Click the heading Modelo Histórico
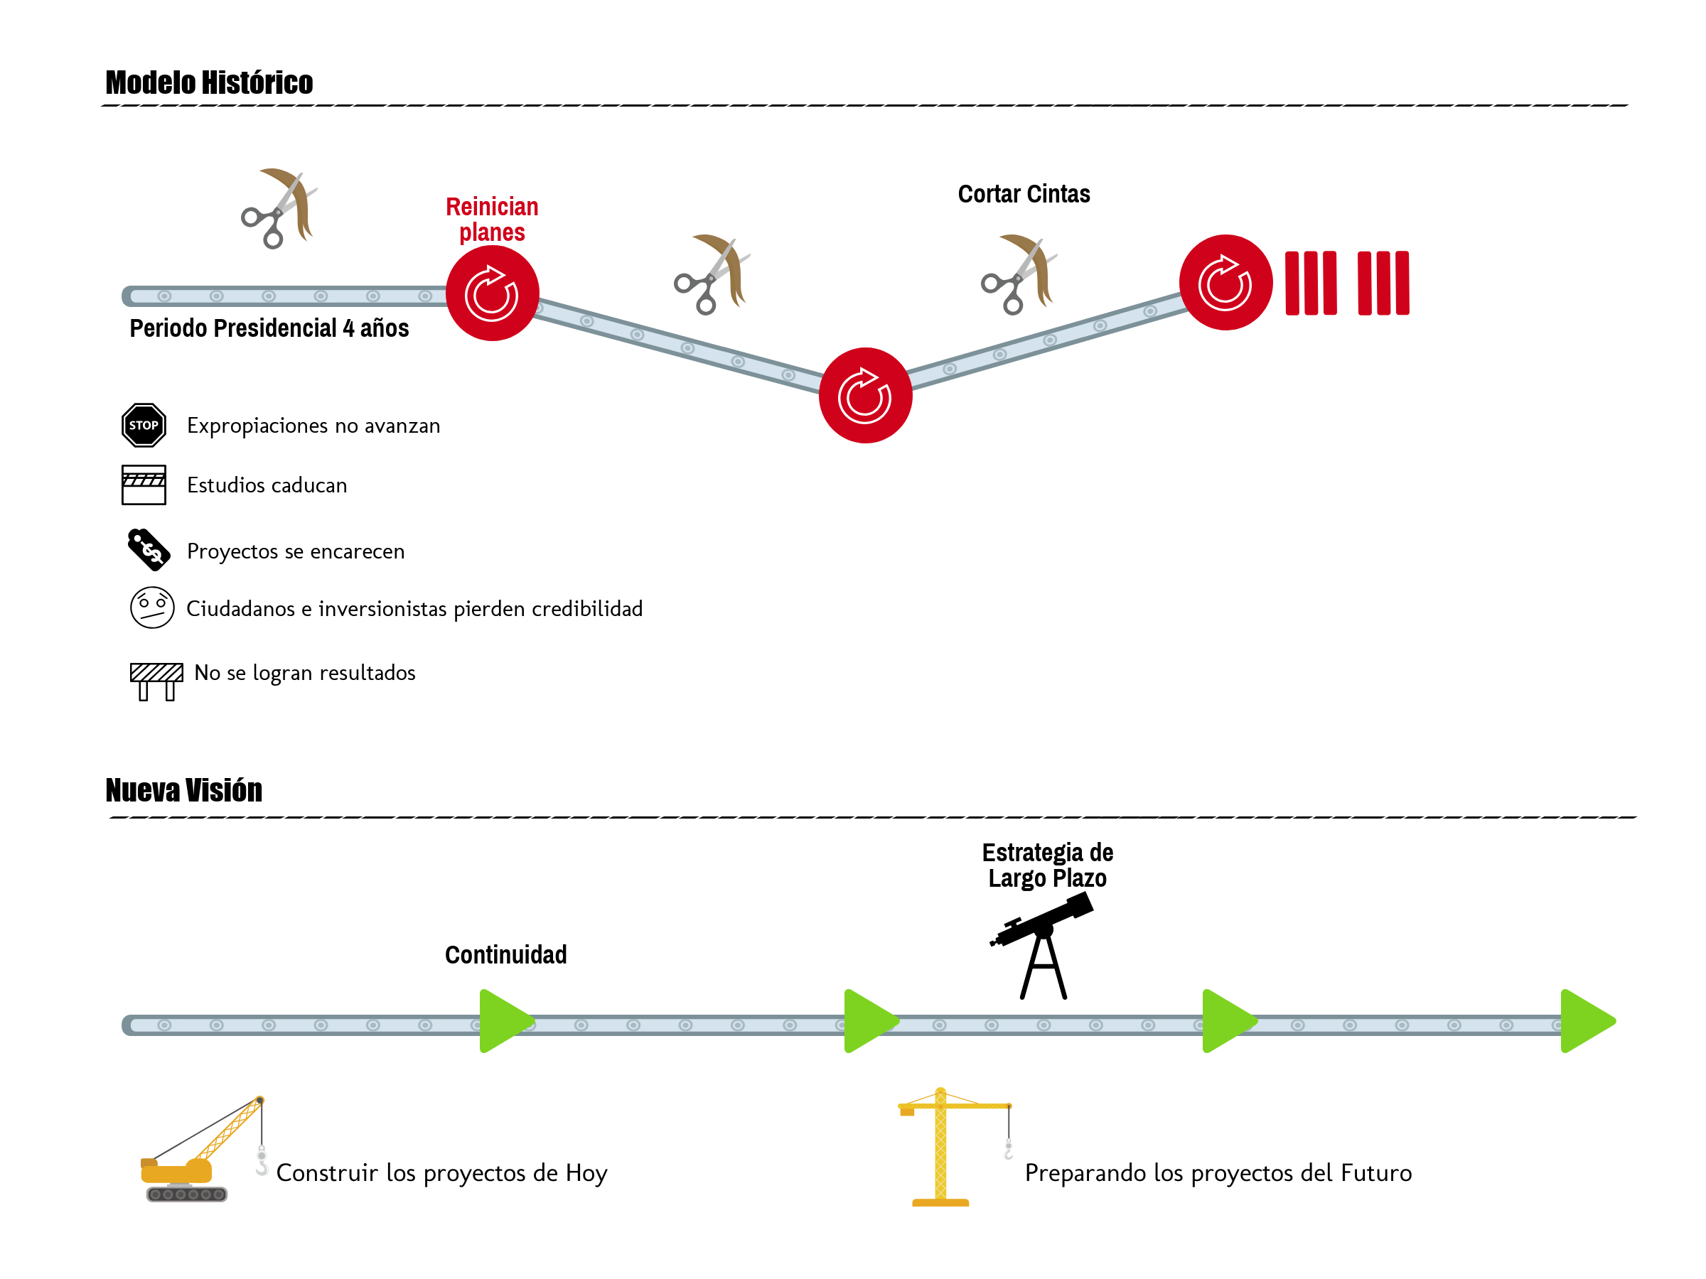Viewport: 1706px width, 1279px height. [x=209, y=82]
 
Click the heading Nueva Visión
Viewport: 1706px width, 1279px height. [x=183, y=790]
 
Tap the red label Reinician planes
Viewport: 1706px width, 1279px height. [x=492, y=219]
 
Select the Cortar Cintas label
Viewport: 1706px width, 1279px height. [x=1024, y=194]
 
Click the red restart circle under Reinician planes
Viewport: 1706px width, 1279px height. [x=492, y=293]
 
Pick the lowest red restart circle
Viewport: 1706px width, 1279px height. [x=865, y=396]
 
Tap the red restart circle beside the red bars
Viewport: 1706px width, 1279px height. [x=1225, y=283]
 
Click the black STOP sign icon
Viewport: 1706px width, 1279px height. [x=144, y=425]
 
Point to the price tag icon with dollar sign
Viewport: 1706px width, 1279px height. [x=149, y=549]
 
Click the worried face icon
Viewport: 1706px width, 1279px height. [x=152, y=608]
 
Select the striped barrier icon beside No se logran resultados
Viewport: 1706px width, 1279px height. [x=156, y=681]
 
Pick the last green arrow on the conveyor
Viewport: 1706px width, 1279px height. [x=1586, y=1021]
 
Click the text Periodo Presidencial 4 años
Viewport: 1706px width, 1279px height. [x=269, y=328]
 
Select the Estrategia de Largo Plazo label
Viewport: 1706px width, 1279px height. [x=1047, y=865]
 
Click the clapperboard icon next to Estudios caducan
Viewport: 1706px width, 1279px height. [x=144, y=485]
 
